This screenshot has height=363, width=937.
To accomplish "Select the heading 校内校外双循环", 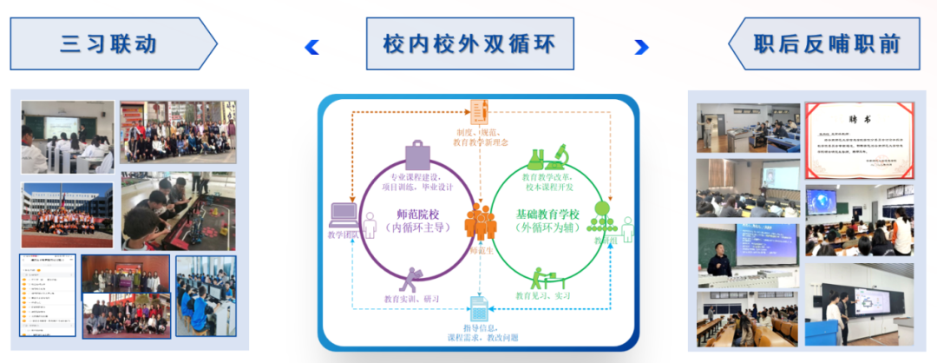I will point(468,43).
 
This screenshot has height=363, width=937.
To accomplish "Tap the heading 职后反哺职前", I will point(825,43).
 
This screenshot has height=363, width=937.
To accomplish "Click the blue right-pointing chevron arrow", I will point(641,46).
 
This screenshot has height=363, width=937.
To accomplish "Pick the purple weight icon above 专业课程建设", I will point(417,155).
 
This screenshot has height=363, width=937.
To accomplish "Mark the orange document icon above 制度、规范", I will point(479,110).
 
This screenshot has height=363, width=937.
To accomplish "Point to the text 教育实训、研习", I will point(406,296).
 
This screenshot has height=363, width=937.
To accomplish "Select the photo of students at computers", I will point(206,296).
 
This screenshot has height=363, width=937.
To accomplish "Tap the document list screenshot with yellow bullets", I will point(47,296).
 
